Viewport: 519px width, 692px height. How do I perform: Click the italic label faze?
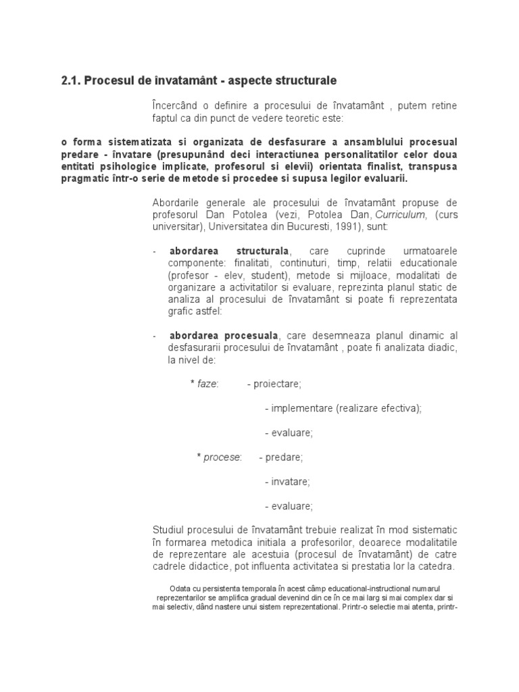207,384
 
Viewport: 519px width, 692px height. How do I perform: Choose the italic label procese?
222,458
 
